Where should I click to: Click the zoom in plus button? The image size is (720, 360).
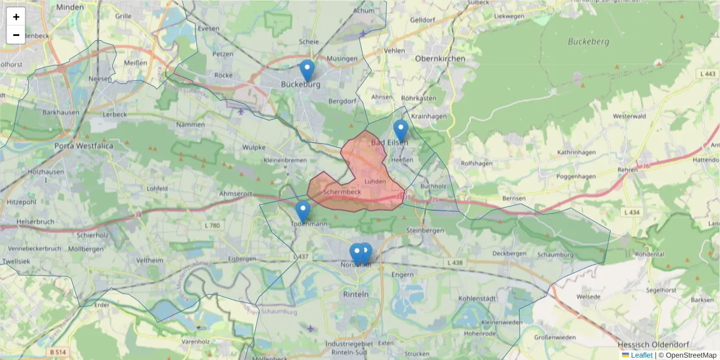pos(16,17)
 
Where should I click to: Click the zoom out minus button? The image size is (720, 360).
pos(16,35)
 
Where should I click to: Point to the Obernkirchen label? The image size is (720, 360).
pos(440,59)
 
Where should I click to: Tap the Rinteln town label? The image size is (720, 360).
pos(355,295)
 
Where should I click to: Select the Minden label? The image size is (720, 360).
pos(70,7)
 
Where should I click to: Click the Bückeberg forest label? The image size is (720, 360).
pos(589,42)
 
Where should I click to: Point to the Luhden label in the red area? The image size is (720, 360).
pos(375,181)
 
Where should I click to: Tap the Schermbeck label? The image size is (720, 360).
pos(341,192)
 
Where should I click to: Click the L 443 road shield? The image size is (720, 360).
pos(708,73)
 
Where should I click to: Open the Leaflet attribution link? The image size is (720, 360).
pos(641,355)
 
